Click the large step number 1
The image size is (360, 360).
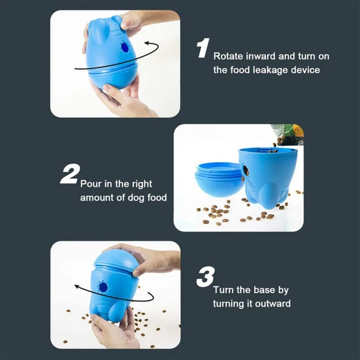pos(202,48)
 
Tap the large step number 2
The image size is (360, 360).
pos(70,175)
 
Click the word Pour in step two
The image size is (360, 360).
pos(90,184)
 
